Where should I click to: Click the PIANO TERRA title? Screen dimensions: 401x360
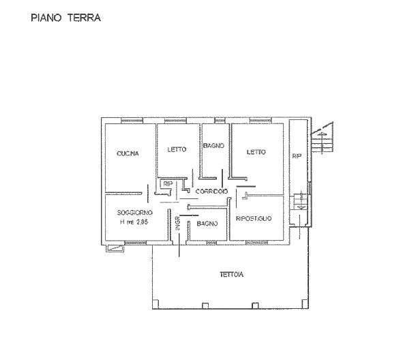pyautogui.click(x=65, y=18)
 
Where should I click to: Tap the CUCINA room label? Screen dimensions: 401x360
pyautogui.click(x=128, y=153)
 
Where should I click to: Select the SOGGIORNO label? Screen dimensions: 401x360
pyautogui.click(x=135, y=213)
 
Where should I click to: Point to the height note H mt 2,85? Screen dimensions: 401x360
pyautogui.click(x=134, y=222)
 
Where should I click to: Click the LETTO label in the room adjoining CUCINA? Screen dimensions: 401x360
pyautogui.click(x=177, y=149)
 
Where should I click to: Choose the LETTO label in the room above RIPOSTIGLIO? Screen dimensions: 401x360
pyautogui.click(x=256, y=152)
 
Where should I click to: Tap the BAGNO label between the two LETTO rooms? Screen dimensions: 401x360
pyautogui.click(x=214, y=146)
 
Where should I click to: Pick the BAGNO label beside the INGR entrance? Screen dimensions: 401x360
pyautogui.click(x=207, y=224)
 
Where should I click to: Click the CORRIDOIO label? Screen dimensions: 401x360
pyautogui.click(x=211, y=191)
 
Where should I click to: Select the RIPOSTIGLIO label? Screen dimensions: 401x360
pyautogui.click(x=254, y=219)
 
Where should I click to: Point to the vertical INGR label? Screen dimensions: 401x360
pyautogui.click(x=178, y=223)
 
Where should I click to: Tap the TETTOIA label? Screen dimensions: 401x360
pyautogui.click(x=232, y=275)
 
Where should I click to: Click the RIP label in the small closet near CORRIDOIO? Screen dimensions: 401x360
pyautogui.click(x=168, y=183)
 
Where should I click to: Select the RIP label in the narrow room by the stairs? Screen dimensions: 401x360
pyautogui.click(x=297, y=156)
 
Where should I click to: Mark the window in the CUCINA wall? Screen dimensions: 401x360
pyautogui.click(x=132, y=121)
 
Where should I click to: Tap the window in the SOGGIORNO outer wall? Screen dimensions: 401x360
pyautogui.click(x=136, y=243)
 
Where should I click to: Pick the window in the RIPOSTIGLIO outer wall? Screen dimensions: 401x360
pyautogui.click(x=256, y=243)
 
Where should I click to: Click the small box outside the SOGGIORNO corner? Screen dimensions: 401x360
pyautogui.click(x=115, y=248)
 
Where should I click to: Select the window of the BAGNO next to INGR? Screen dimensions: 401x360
pyautogui.click(x=211, y=243)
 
